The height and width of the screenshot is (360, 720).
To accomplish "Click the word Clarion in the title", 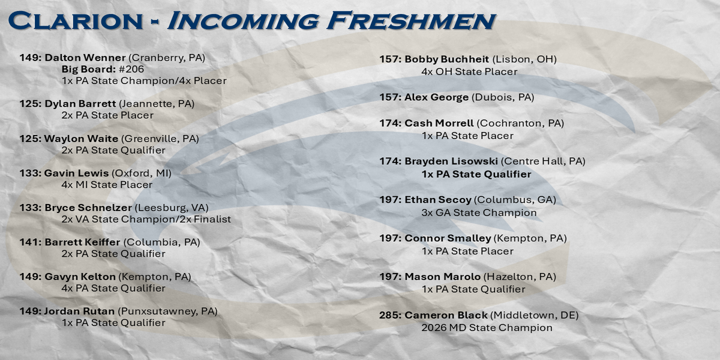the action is click(76, 20).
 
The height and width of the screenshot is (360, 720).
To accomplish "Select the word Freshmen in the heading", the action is click(411, 20).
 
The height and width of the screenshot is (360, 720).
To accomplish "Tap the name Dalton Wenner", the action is click(85, 58).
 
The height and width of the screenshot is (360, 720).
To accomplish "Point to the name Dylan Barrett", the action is click(80, 104).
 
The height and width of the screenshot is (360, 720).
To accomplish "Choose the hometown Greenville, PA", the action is click(160, 139).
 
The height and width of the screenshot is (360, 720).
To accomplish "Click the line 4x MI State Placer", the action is click(107, 185).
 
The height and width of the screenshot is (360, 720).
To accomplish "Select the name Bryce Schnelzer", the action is click(88, 208).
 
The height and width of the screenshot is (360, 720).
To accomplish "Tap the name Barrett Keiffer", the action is click(82, 242).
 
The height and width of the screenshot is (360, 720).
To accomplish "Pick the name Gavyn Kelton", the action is click(80, 277).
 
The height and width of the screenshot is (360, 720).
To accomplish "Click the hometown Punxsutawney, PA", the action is click(167, 311).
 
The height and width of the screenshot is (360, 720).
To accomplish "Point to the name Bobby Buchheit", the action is click(447, 59).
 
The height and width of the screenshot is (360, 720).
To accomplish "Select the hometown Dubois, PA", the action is click(503, 97).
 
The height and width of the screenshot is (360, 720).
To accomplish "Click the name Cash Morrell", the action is click(439, 123).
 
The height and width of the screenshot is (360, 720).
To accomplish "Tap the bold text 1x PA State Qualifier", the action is click(476, 174).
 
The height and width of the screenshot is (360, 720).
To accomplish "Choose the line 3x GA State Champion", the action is click(479, 213).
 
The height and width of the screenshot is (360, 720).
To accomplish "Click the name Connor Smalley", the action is click(448, 238).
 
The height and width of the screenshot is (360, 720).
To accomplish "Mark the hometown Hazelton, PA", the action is click(520, 277).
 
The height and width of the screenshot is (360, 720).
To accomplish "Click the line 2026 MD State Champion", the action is click(487, 328).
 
